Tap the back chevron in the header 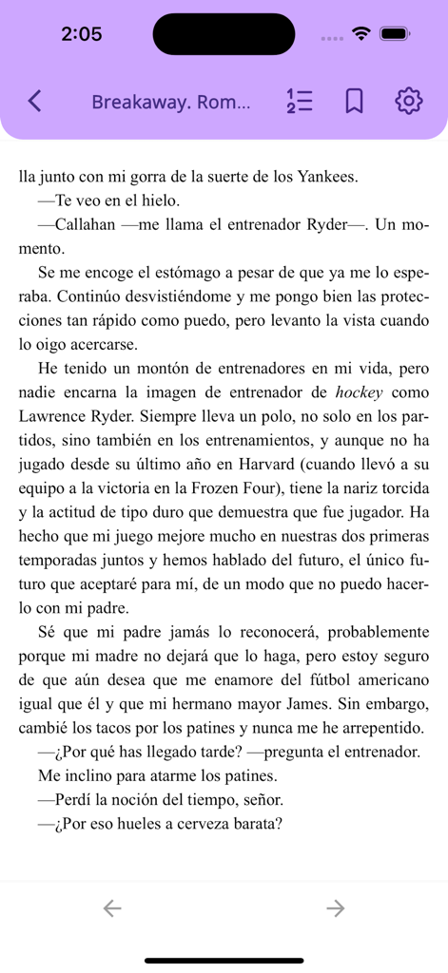(x=35, y=101)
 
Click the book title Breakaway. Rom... (x=171, y=102)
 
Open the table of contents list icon (x=300, y=101)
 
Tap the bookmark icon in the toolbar (x=354, y=101)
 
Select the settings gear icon (x=408, y=101)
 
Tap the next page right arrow (x=335, y=908)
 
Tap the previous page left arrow (x=112, y=908)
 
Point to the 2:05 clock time (x=81, y=34)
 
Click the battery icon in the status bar (x=394, y=34)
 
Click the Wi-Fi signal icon (x=360, y=34)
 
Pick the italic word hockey (x=359, y=391)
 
